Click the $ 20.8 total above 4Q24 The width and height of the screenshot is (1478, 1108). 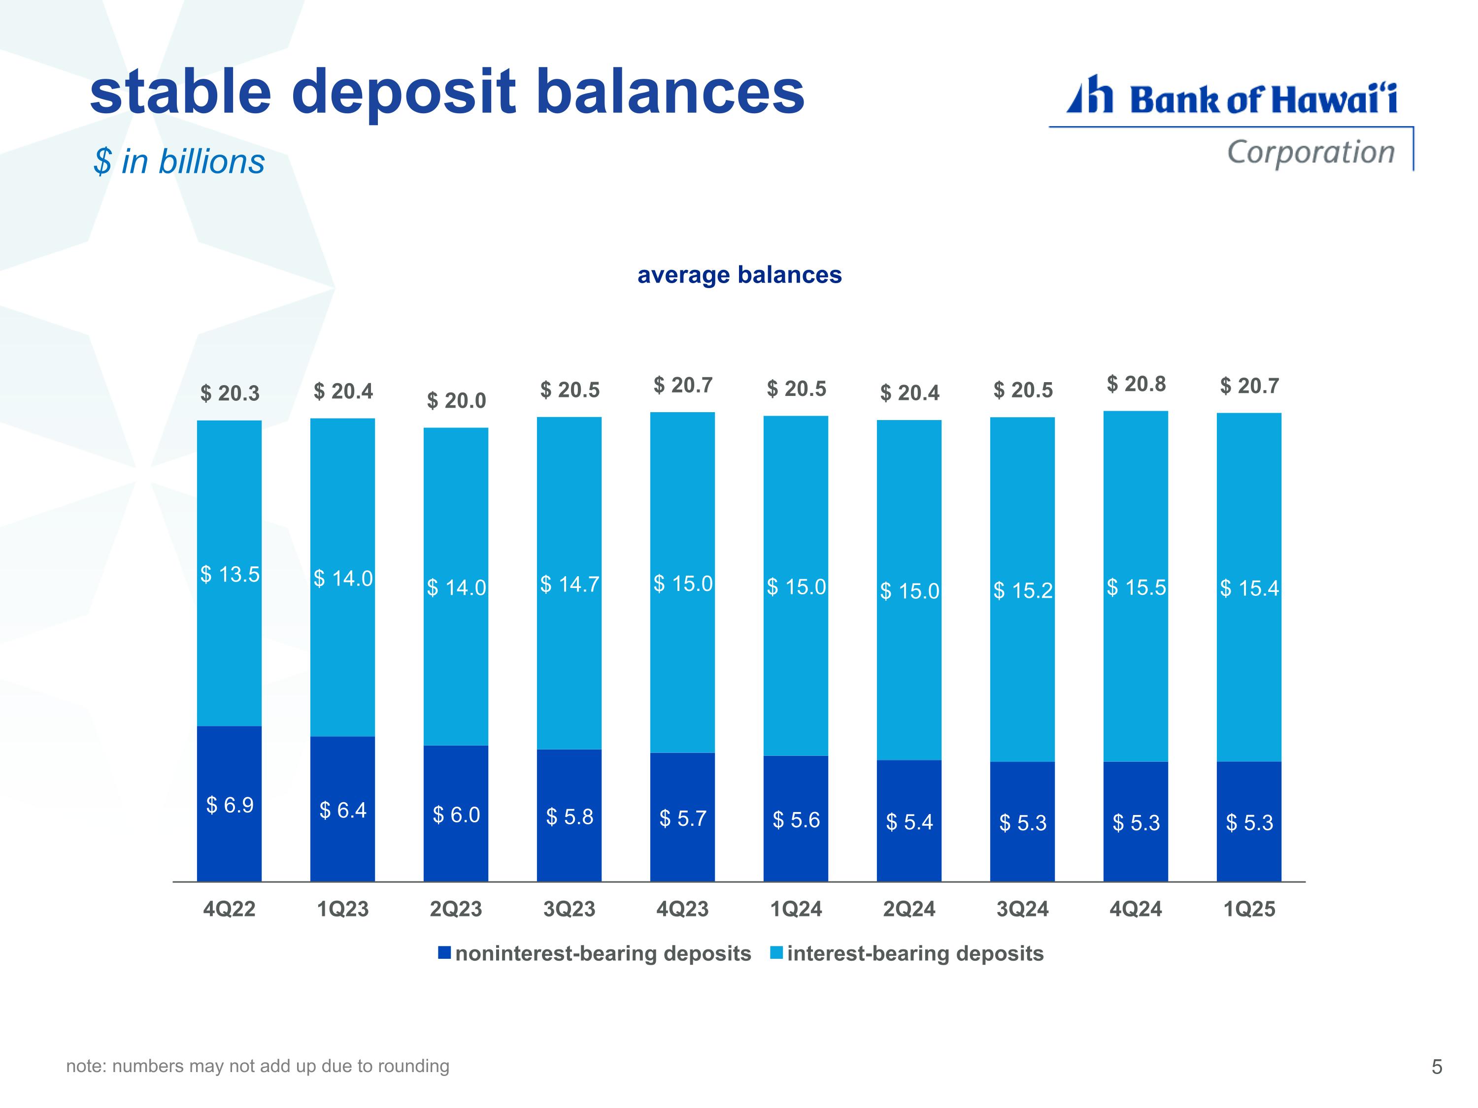point(1136,384)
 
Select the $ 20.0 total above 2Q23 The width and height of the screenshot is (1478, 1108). point(456,401)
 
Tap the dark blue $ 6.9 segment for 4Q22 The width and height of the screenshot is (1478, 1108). point(229,804)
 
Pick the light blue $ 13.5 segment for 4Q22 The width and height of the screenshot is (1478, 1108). point(229,573)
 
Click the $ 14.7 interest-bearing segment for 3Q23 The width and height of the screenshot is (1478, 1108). point(570,583)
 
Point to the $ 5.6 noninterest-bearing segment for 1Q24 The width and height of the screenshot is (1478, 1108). point(796,819)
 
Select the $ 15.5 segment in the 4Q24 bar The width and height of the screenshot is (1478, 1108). point(1136,587)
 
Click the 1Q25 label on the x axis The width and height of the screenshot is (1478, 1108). point(1249,909)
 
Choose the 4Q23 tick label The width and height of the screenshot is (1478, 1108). point(683,909)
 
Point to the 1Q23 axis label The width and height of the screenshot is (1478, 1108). point(343,909)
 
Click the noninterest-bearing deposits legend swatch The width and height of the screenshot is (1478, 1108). point(444,953)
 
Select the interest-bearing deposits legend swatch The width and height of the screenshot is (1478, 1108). point(776,953)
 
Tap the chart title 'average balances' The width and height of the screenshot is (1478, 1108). point(739,274)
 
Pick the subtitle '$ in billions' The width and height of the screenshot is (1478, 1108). point(179,162)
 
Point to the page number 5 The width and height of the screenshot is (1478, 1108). point(1437,1067)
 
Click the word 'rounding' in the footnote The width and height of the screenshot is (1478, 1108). point(414,1067)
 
